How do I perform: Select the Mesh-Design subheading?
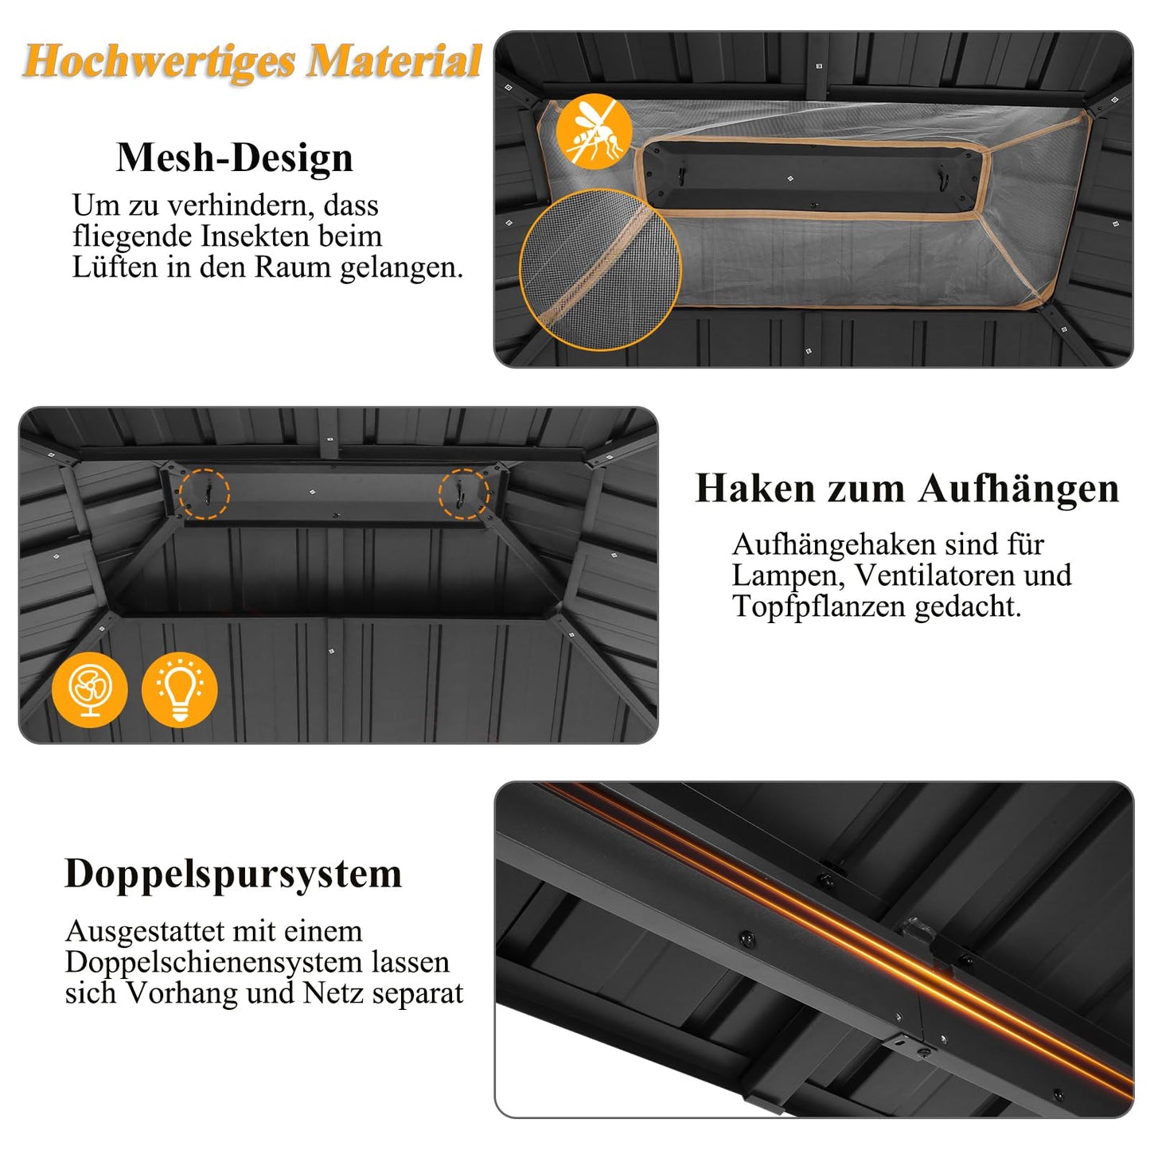235,158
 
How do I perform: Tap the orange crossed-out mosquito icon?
594,131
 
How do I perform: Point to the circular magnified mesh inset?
600,271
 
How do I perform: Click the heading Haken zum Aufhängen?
906,490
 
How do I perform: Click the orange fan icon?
90,690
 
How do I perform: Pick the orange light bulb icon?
180,690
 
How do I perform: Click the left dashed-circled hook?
205,494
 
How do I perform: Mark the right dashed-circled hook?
464,494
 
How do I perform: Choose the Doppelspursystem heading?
233,875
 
